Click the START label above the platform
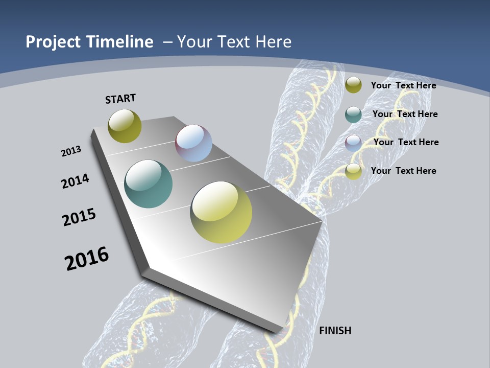pos(120,99)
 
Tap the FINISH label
pos(335,331)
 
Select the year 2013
pos(71,151)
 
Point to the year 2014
pos(75,181)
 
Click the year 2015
pos(79,217)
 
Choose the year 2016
pos(87,259)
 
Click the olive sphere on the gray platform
pos(125,126)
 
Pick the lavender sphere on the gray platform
pos(193,143)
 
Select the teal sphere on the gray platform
pos(148,184)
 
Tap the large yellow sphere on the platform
pos(221,212)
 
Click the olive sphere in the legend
pos(353,85)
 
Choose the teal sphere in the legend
pos(353,114)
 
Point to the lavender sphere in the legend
pos(353,143)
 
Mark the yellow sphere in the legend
pos(353,171)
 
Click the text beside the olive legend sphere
pos(403,85)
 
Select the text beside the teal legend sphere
pos(405,114)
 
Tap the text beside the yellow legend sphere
pos(403,171)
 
